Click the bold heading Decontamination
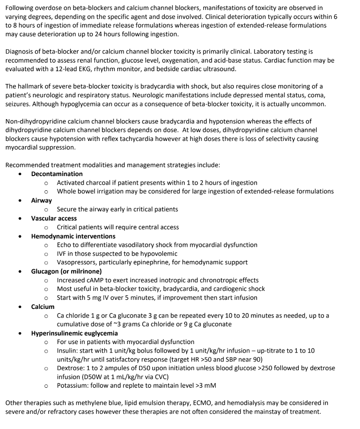tap(57, 174)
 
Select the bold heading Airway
tap(41, 200)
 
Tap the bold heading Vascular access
tap(54, 218)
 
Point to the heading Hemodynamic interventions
tap(73, 236)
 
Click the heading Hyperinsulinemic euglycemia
tap(74, 333)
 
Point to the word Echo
tap(65, 245)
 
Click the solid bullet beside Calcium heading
tap(20, 307)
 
